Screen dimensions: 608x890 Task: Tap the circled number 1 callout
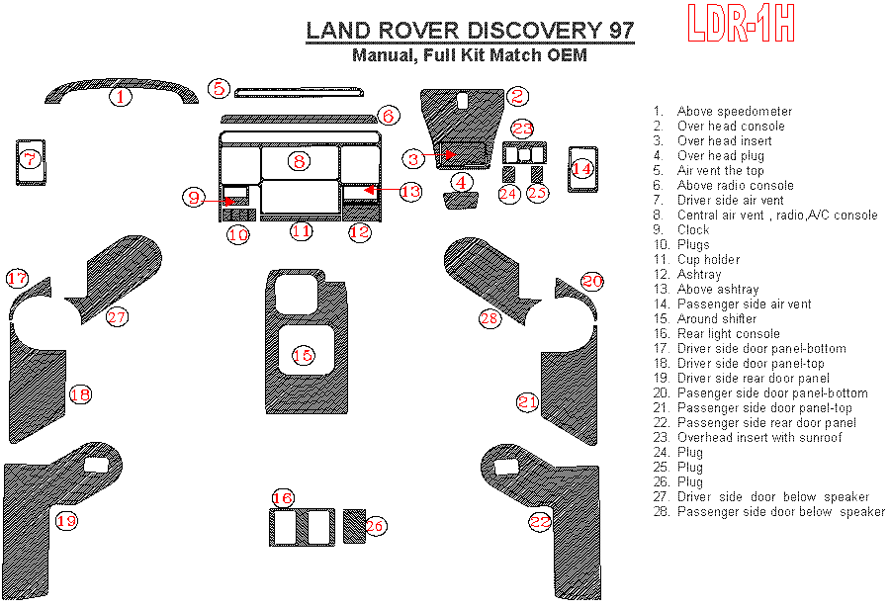pyautogui.click(x=120, y=97)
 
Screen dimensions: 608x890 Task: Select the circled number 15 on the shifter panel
pyautogui.click(x=303, y=354)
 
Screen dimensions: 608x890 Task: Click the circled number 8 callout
pyautogui.click(x=299, y=160)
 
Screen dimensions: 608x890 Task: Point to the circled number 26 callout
pyautogui.click(x=376, y=527)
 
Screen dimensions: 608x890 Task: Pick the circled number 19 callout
pyautogui.click(x=66, y=520)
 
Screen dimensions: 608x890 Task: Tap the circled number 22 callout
pyautogui.click(x=540, y=521)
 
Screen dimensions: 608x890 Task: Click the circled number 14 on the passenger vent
pyautogui.click(x=582, y=169)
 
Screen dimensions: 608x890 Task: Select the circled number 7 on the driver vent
pyautogui.click(x=30, y=158)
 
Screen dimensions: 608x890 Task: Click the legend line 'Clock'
pyautogui.click(x=693, y=229)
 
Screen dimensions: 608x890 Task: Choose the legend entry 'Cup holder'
pyautogui.click(x=708, y=259)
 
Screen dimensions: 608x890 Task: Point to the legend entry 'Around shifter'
pyautogui.click(x=717, y=318)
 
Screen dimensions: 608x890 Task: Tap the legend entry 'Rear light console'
pyautogui.click(x=728, y=333)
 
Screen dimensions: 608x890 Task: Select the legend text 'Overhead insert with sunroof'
pyautogui.click(x=759, y=437)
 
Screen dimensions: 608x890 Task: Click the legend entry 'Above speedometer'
pyautogui.click(x=735, y=111)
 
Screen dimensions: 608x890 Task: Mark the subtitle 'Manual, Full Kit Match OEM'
pyautogui.click(x=470, y=55)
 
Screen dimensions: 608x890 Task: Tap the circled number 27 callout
pyautogui.click(x=118, y=317)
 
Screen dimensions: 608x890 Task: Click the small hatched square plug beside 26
pyautogui.click(x=353, y=526)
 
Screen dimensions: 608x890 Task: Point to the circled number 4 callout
pyautogui.click(x=461, y=181)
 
